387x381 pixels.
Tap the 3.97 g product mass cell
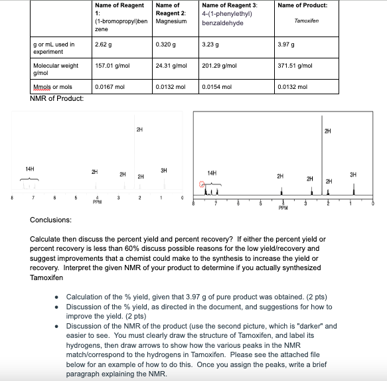point(287,44)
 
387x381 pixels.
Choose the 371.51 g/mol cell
point(296,66)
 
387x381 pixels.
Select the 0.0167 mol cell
point(109,86)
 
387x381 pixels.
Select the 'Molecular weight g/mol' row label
point(56,68)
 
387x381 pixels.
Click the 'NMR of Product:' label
point(57,99)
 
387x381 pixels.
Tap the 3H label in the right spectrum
point(352,174)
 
